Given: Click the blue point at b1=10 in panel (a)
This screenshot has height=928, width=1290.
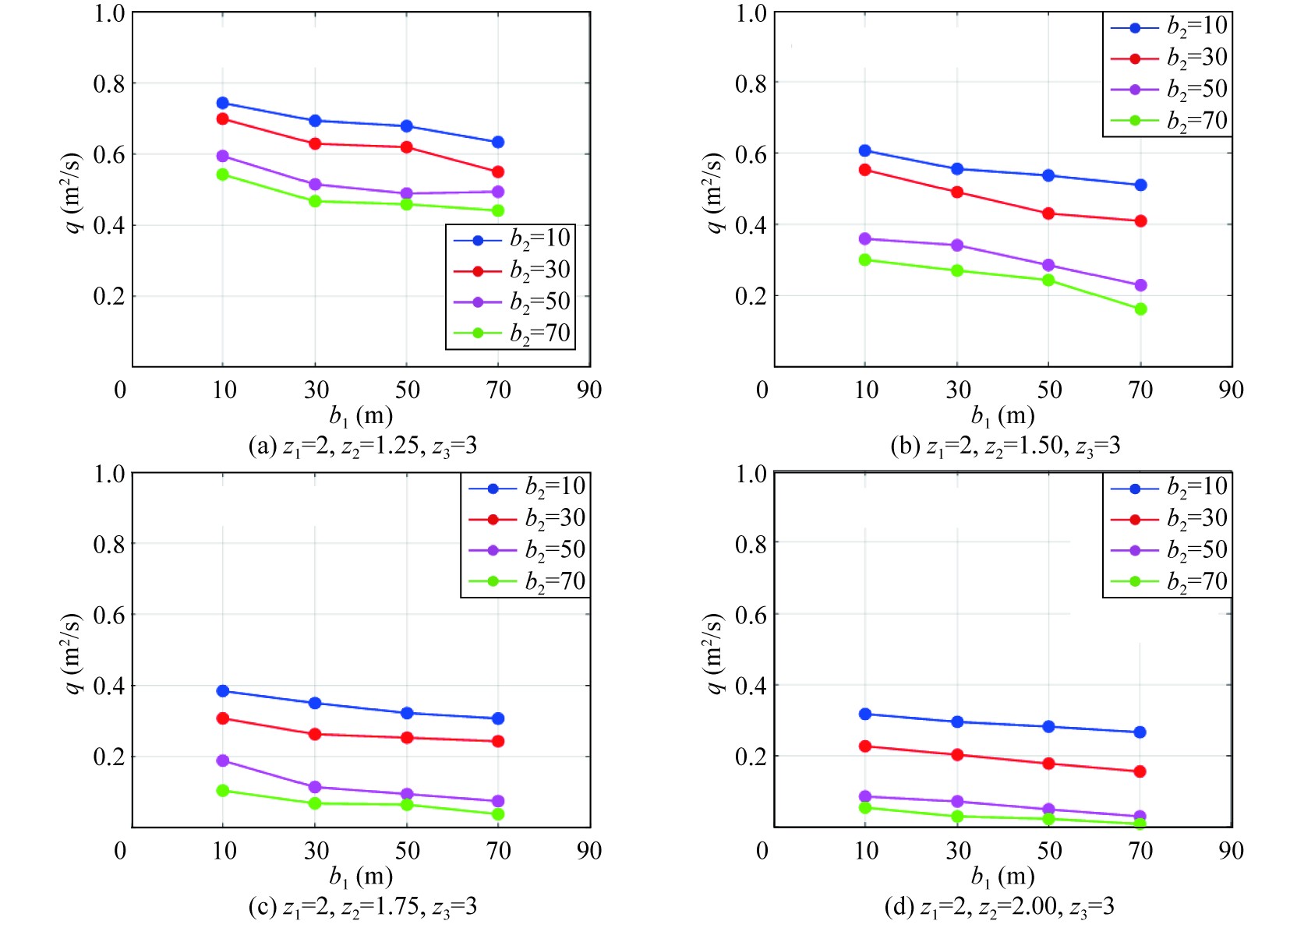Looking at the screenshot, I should pos(223,103).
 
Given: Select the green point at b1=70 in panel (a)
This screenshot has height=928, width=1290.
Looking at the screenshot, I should pos(498,210).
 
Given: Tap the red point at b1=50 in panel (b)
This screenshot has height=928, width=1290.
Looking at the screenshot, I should pos(1048,213).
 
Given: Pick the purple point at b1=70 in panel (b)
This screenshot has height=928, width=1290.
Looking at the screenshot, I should pos(1140,285).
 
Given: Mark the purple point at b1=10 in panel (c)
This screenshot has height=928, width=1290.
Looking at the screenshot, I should pos(223,760).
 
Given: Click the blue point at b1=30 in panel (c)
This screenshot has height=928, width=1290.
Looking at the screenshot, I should pos(315,703).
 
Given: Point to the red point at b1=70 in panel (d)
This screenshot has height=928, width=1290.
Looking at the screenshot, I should pos(1140,771).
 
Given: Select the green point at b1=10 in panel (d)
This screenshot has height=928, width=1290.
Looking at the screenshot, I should pos(864,807).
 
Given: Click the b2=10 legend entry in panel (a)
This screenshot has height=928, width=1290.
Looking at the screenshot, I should pos(511,239).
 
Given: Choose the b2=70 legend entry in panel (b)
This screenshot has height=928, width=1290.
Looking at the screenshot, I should pos(1168,121).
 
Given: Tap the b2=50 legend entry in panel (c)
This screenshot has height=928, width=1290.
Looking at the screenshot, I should pos(526,550).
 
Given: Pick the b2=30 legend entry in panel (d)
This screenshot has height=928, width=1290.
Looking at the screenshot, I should pos(1168,518).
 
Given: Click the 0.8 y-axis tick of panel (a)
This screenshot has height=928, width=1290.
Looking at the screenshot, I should pos(109,83).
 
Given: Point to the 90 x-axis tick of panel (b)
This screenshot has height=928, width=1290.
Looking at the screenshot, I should pos(1231,390).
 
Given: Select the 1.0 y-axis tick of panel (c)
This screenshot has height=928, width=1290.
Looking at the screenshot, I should pos(109,474).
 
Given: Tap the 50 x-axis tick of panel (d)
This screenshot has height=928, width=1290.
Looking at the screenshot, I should pos(1049,850).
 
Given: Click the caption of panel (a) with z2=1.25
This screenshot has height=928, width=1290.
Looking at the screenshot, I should pos(362,446).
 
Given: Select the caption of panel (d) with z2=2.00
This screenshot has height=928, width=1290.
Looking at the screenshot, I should pos(999,907).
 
